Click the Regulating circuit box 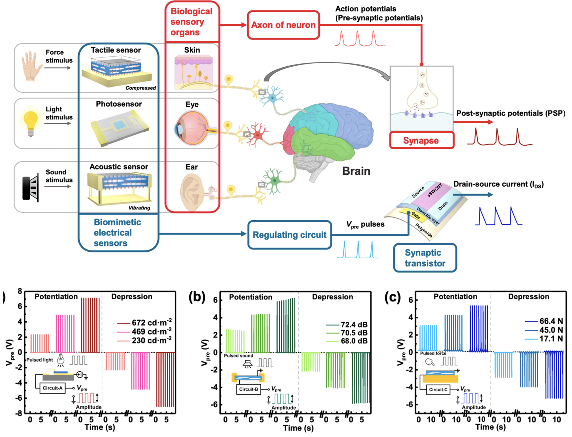290,235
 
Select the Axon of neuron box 283,25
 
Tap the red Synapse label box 421,141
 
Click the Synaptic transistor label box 425,258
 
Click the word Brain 356,171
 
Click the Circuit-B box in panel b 248,389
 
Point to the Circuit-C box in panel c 438,390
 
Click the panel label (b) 197,297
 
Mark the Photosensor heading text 119,104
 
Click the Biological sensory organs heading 191,22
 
